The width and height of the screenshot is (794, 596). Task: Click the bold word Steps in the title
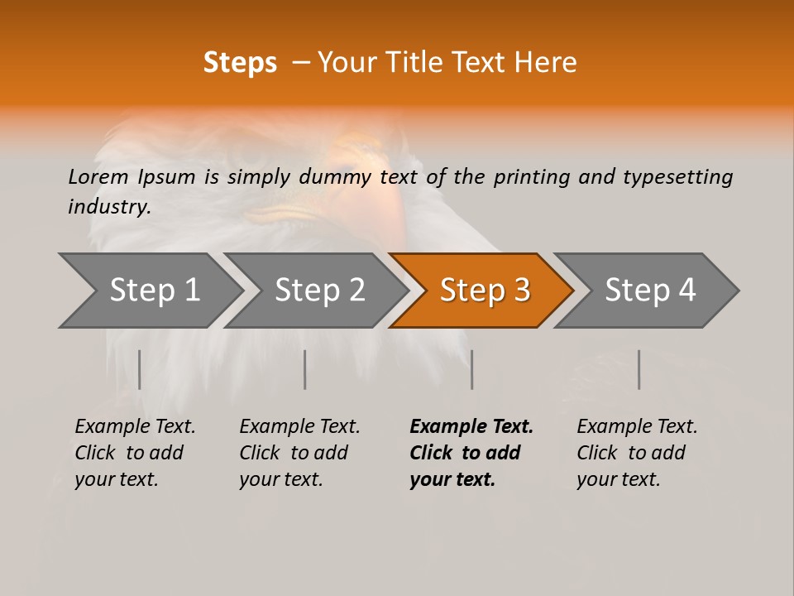click(240, 63)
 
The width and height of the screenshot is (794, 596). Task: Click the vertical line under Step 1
click(139, 369)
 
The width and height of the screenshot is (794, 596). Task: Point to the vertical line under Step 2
click(304, 369)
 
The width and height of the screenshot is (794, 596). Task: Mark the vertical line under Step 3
click(471, 369)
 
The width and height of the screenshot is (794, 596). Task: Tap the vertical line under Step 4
click(639, 369)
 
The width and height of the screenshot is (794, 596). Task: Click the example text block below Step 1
click(135, 453)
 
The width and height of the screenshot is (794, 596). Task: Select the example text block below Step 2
click(299, 453)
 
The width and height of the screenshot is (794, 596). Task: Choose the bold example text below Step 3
click(471, 453)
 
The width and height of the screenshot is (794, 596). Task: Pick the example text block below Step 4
click(637, 453)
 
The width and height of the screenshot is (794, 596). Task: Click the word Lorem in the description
click(98, 177)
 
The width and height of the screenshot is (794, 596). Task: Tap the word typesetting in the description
click(677, 177)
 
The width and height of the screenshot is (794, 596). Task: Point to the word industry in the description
click(109, 207)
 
